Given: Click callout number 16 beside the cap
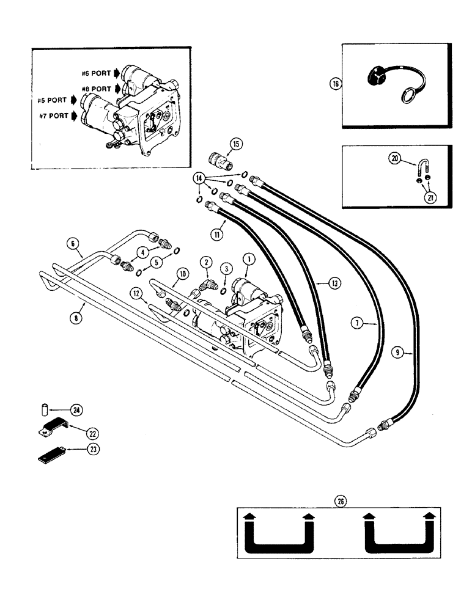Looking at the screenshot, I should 334,84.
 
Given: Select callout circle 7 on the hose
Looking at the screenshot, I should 359,323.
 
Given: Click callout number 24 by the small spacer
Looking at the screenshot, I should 78,410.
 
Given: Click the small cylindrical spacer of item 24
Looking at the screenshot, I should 44,408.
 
